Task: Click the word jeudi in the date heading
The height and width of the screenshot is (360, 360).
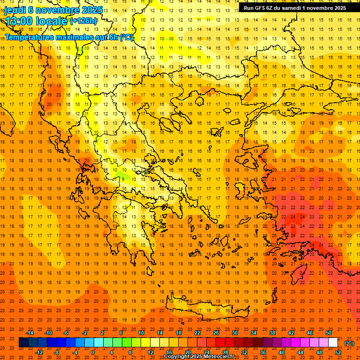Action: [15, 10]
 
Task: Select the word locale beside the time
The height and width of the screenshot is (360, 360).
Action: [53, 21]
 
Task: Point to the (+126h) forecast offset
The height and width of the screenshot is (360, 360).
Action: [83, 21]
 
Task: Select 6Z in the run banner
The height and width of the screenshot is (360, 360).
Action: [270, 8]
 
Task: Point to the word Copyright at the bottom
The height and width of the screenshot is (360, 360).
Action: [179, 357]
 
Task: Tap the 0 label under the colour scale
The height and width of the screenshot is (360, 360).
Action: [93, 352]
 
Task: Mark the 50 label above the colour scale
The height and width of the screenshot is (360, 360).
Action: [328, 333]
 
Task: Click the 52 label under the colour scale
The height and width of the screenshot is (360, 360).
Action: [338, 352]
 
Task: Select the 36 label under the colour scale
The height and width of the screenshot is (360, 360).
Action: [262, 352]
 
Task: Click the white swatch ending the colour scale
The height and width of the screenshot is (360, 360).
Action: [333, 343]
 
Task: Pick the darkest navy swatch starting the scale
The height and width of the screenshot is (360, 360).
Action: [23, 343]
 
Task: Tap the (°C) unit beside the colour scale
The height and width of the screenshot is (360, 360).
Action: [349, 343]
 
